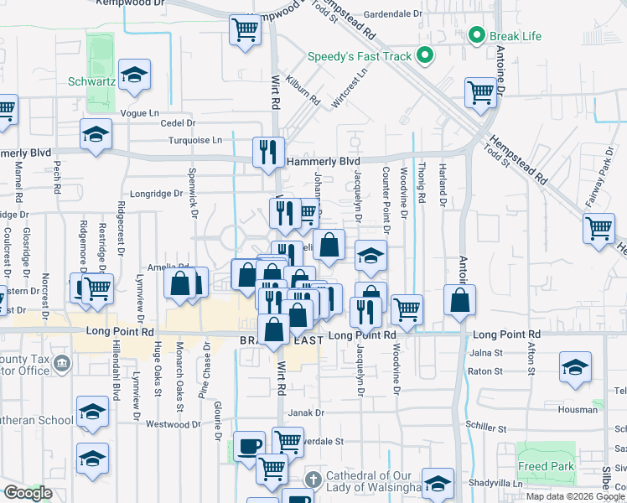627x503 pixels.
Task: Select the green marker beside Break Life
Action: (x=477, y=35)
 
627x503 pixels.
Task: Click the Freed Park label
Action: (x=545, y=467)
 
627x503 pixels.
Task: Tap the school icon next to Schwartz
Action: (x=134, y=75)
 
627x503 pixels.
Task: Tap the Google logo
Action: (x=27, y=493)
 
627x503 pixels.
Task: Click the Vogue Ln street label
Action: (x=139, y=113)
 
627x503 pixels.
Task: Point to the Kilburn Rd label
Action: (x=303, y=92)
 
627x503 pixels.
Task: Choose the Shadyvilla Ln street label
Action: (x=496, y=483)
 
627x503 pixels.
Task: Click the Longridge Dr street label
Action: (x=156, y=193)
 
